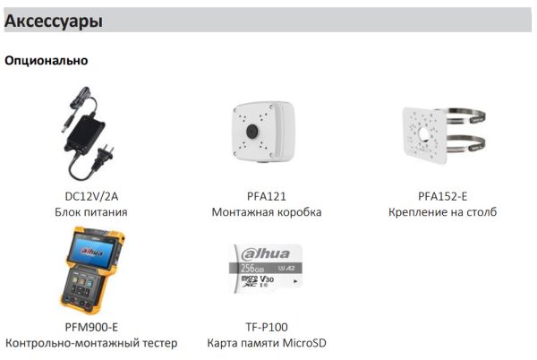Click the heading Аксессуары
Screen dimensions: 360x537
tap(53, 21)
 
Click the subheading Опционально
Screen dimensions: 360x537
tap(47, 61)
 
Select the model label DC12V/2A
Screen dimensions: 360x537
tap(90, 196)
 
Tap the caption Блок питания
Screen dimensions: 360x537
tap(90, 212)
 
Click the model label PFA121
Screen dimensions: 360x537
tap(266, 196)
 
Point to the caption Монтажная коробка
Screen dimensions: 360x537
tap(266, 212)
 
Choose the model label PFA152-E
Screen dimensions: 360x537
tap(442, 196)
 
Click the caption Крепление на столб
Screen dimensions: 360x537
tap(442, 212)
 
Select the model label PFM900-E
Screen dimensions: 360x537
tap(90, 327)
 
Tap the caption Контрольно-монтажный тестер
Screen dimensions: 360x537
tap(91, 343)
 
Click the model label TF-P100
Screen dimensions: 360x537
tap(267, 327)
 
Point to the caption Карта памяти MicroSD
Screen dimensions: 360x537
tap(267, 343)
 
